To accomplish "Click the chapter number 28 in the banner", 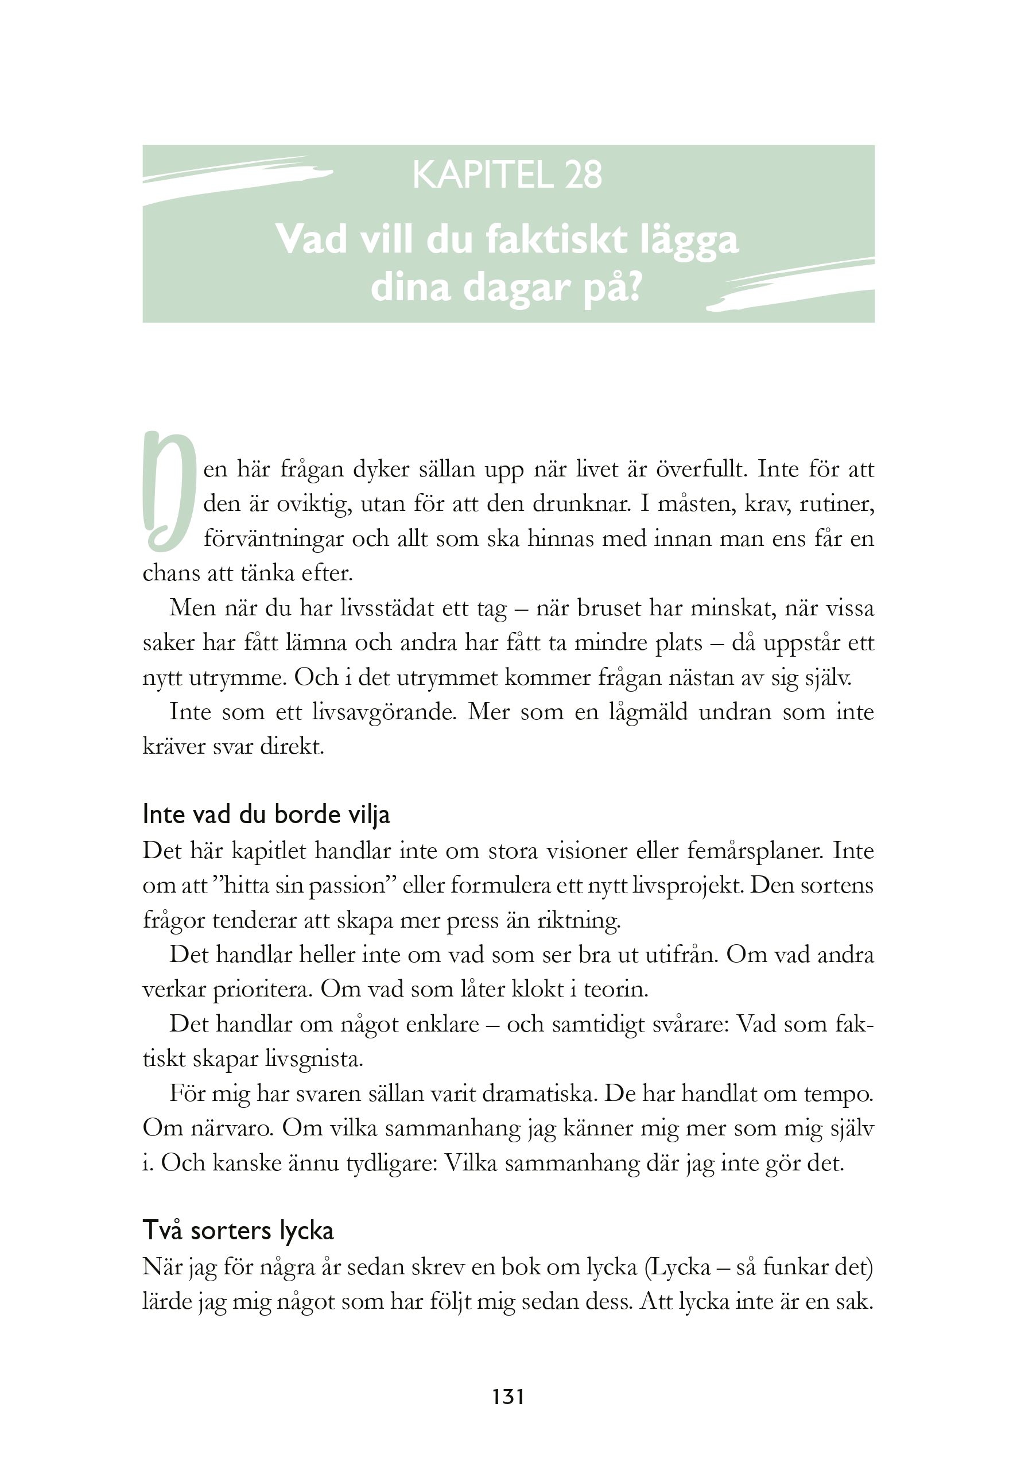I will pos(583,175).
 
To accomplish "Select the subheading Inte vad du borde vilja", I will pos(266,815).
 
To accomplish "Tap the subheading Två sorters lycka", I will pos(238,1231).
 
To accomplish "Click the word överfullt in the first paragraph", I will pos(701,470).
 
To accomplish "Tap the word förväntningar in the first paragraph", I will pos(273,539).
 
